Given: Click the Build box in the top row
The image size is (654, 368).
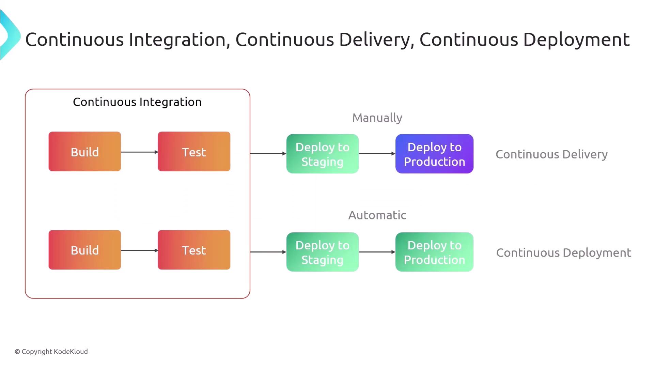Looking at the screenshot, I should pos(84,152).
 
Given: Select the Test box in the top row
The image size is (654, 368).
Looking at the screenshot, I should pos(194,152).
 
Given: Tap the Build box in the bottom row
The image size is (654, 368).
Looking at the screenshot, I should pos(84,250).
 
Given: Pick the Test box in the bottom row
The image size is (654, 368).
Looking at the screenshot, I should pos(194,250).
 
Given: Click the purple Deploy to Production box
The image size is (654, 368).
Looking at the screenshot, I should pos(434,154).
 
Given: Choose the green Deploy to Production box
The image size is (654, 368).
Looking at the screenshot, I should pos(434,252).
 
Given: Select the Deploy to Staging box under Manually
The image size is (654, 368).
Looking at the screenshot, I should pos(322,154).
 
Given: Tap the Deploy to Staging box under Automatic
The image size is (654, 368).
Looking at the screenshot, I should pos(322,252).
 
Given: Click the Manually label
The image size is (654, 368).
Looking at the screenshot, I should pos(377,118).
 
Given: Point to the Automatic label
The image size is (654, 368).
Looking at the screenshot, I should pos(377,215).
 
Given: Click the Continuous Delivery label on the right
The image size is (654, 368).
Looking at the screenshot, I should pos(551,154).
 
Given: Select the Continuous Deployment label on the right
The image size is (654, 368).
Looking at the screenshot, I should pos(563,253).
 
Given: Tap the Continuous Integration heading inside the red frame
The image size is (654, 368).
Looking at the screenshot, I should pos(137,102).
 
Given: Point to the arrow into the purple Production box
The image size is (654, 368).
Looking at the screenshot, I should pos(377,154).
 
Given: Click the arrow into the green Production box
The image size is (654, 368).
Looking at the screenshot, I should pos(377,252).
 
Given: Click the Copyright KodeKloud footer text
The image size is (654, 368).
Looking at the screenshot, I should pos(51,352).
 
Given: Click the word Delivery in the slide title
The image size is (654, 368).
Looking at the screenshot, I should pos(375,40).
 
